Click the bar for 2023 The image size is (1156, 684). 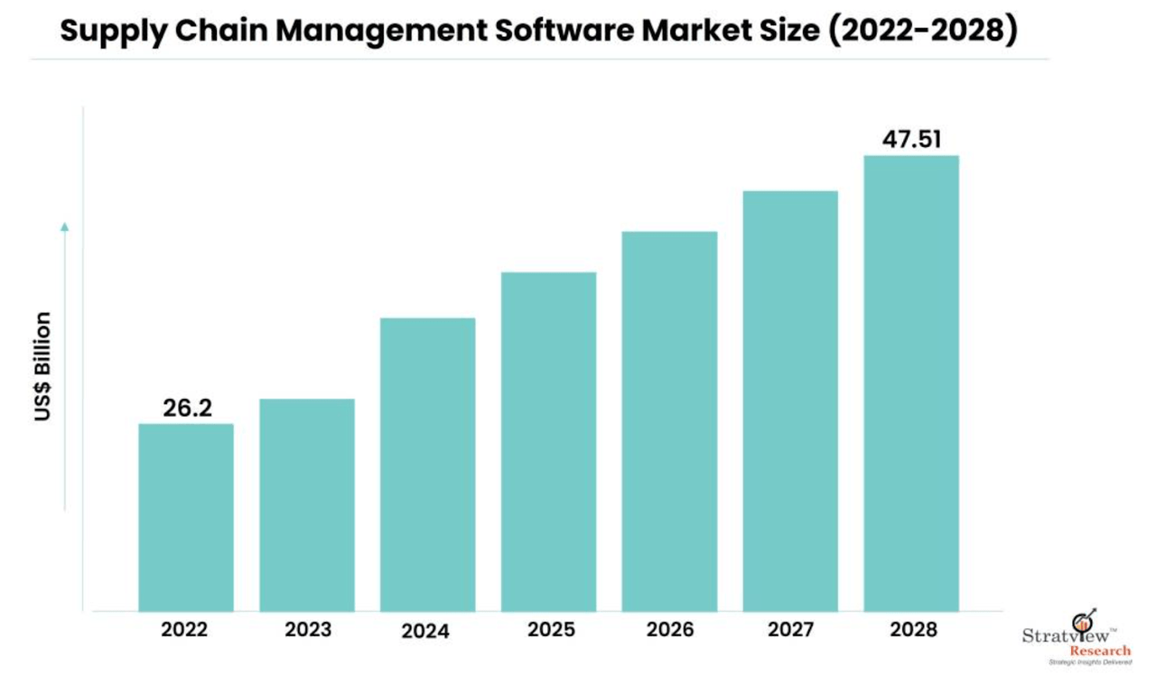tap(306, 504)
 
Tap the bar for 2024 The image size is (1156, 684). tap(427, 464)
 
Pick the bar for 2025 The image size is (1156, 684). tap(548, 441)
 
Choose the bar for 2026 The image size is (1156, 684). tap(669, 421)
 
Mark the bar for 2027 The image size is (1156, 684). tap(790, 401)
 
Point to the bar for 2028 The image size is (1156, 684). tap(911, 383)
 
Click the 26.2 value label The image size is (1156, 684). tap(187, 408)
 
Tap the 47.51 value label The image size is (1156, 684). tap(912, 140)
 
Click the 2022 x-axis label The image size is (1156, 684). tap(184, 630)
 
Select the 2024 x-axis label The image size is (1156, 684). tap(425, 631)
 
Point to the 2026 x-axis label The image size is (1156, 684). tap(669, 630)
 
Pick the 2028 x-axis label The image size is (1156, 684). tap(912, 630)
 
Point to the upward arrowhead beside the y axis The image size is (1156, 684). tap(65, 226)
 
